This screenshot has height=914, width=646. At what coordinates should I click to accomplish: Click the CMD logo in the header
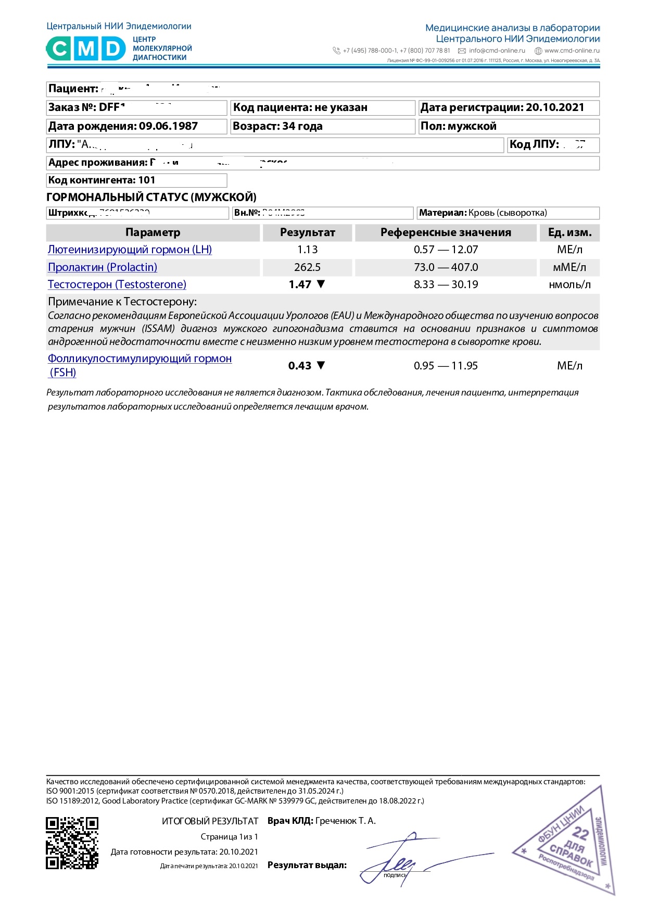[x=86, y=49]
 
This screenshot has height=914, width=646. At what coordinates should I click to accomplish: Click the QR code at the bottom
[x=72, y=843]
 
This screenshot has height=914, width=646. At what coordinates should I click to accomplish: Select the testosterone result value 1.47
[x=300, y=285]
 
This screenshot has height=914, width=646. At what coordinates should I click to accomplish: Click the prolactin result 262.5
[x=307, y=267]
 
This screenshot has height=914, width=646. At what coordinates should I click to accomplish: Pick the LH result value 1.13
[x=307, y=250]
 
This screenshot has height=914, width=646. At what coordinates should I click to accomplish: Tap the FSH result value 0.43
[x=299, y=366]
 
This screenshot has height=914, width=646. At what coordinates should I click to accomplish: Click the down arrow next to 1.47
[x=321, y=284]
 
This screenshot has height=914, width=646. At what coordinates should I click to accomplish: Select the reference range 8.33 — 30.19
[x=446, y=285]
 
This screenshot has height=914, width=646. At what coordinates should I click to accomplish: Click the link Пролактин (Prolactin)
[x=103, y=267]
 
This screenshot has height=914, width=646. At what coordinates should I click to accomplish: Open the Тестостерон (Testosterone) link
[x=117, y=285]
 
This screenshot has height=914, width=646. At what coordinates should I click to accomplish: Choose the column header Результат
[x=307, y=232]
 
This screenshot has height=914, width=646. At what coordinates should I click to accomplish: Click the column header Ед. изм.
[x=569, y=232]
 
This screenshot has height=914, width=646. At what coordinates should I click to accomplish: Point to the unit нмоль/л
[x=569, y=285]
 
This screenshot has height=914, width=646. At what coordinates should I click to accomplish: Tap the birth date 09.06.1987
[x=168, y=126]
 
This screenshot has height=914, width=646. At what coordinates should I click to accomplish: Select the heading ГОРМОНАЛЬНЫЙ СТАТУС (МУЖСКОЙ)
[x=151, y=197]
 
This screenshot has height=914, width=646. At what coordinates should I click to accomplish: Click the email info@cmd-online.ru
[x=497, y=51]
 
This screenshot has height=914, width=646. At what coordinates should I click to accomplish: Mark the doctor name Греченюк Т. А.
[x=345, y=821]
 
